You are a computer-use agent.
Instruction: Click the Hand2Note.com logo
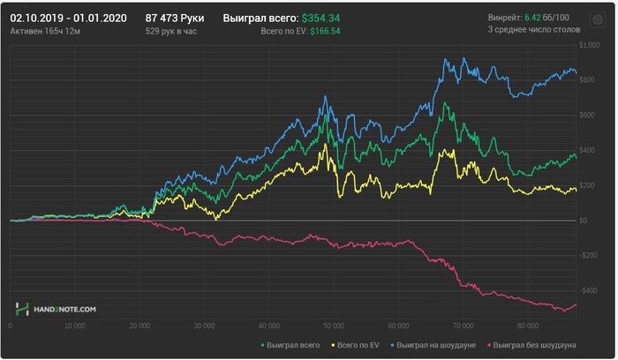tap(56, 310)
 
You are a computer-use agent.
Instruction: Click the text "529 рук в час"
tap(172, 31)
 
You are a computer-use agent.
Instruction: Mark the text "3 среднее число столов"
tap(535, 31)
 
